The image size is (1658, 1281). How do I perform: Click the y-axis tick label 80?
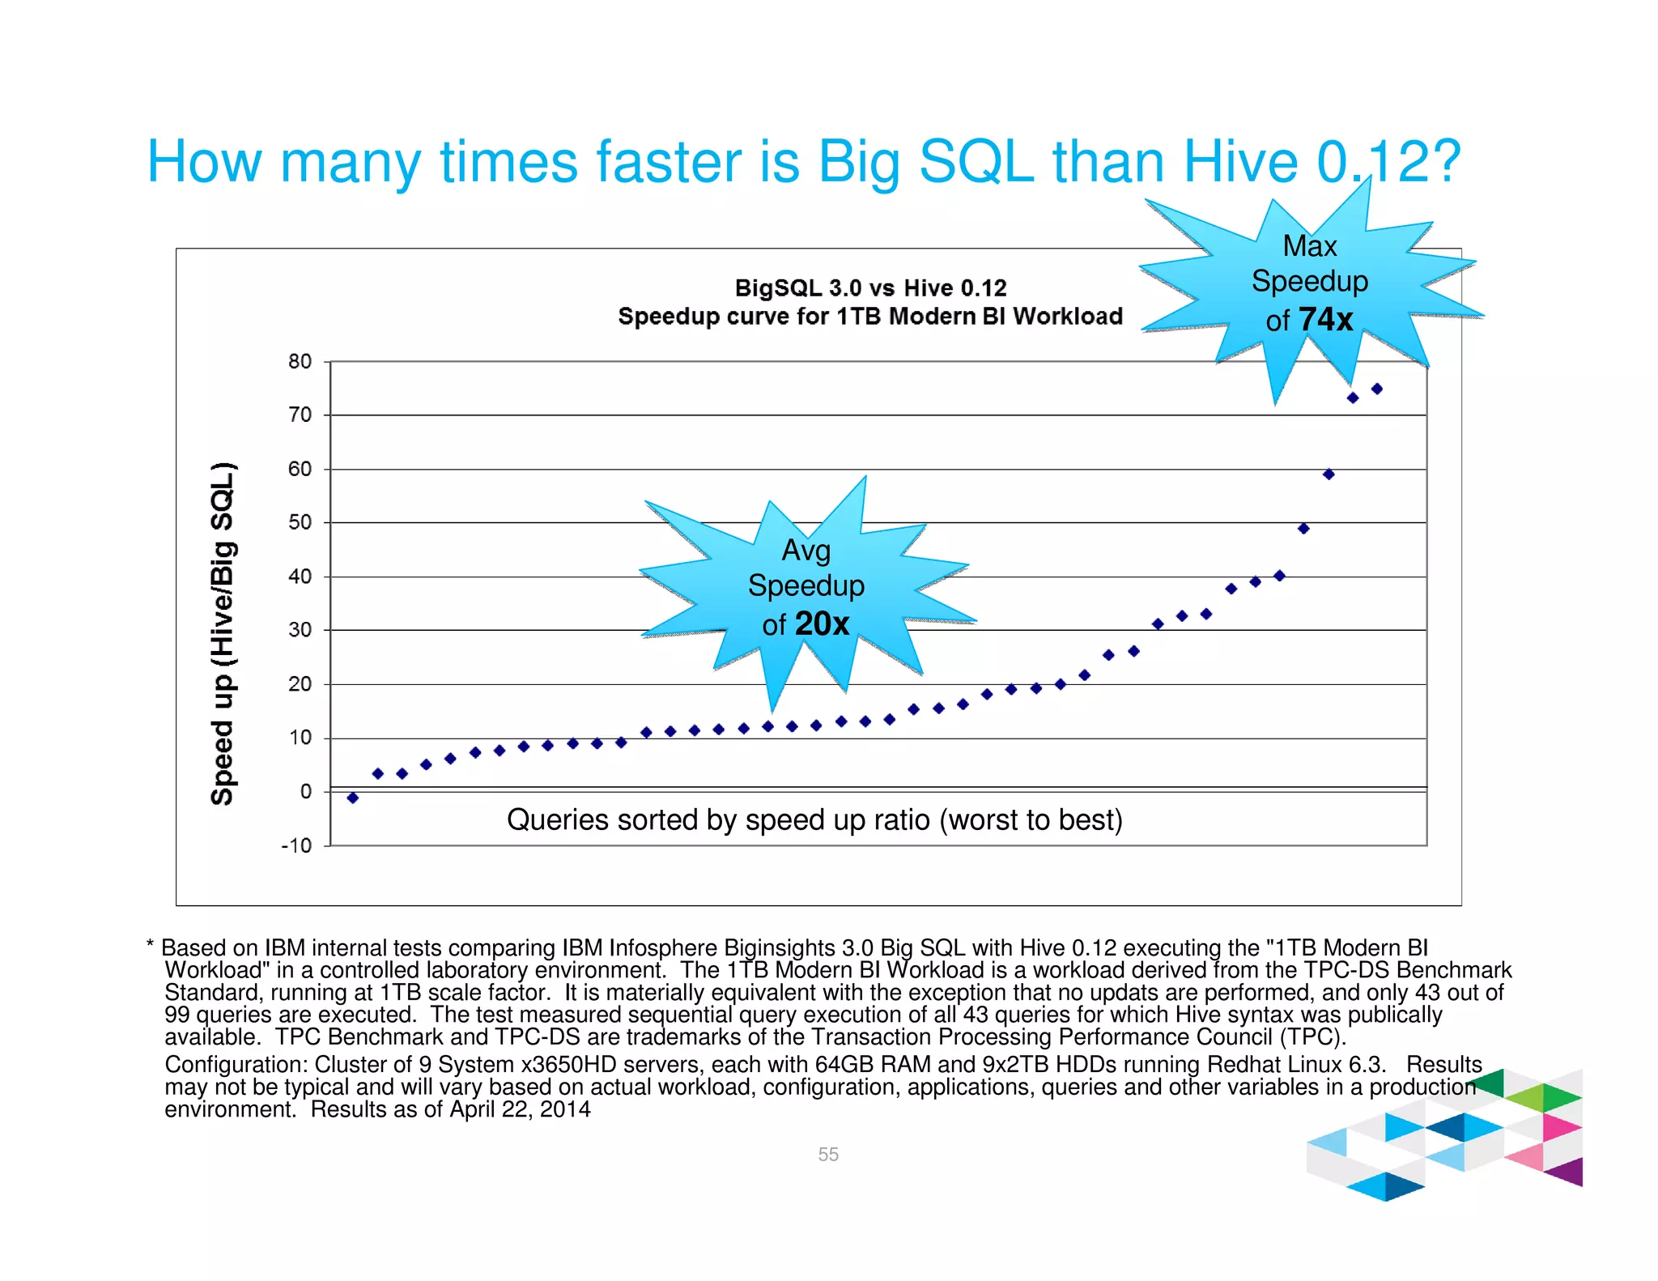pyautogui.click(x=300, y=361)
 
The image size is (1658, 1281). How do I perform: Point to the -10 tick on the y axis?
pyautogui.click(x=296, y=846)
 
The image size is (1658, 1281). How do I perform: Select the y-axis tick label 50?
pyautogui.click(x=300, y=522)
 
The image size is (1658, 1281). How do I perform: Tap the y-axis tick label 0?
pyautogui.click(x=305, y=791)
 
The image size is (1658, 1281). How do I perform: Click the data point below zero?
pyautogui.click(x=353, y=798)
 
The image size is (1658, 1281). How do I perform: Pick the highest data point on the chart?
pyautogui.click(x=1376, y=389)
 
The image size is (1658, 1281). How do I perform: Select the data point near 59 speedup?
pyautogui.click(x=1329, y=475)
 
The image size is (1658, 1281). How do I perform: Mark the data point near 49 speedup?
pyautogui.click(x=1303, y=529)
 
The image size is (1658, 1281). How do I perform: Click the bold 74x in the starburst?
pyautogui.click(x=1325, y=319)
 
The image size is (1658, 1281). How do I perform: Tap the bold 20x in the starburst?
pyautogui.click(x=822, y=623)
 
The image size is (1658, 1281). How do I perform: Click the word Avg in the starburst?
pyautogui.click(x=806, y=551)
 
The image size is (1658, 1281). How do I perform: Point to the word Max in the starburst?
pyautogui.click(x=1309, y=246)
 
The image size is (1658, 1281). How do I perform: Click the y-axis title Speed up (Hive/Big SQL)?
pyautogui.click(x=223, y=633)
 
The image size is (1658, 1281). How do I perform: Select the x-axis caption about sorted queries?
pyautogui.click(x=814, y=819)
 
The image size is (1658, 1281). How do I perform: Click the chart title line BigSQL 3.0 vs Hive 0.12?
pyautogui.click(x=870, y=287)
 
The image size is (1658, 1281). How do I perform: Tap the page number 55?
pyautogui.click(x=827, y=1154)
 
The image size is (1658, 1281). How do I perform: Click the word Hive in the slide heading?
pyautogui.click(x=1240, y=161)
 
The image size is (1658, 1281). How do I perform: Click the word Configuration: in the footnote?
pyautogui.click(x=236, y=1064)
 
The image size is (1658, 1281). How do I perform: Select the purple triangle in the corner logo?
pyautogui.click(x=1568, y=1172)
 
